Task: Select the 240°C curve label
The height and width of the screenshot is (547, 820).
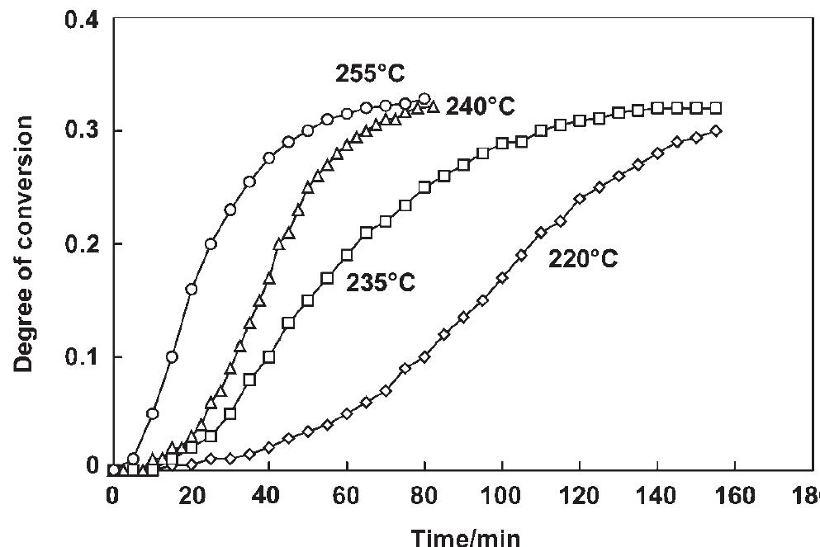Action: coord(481,106)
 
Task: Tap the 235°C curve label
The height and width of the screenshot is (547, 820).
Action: coord(380,282)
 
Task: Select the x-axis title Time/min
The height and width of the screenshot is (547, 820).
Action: coord(466,536)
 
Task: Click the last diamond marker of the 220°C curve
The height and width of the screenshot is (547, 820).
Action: coord(716,130)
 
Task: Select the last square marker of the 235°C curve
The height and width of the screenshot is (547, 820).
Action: coord(716,108)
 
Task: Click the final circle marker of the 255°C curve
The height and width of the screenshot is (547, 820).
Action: coord(424,99)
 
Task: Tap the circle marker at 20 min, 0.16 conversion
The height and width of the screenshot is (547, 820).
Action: coord(192,290)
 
